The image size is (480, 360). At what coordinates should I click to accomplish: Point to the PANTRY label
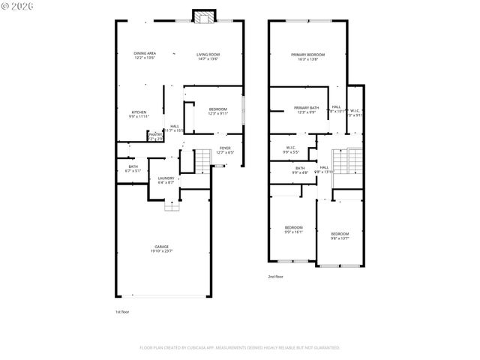tap(155, 136)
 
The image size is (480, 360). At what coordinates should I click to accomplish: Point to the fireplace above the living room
tap(202, 16)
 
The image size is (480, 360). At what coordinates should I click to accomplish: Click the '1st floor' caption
tap(121, 311)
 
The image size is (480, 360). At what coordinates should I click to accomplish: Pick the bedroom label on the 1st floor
tap(218, 111)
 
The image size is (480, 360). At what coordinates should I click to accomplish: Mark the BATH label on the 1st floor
tap(133, 168)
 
